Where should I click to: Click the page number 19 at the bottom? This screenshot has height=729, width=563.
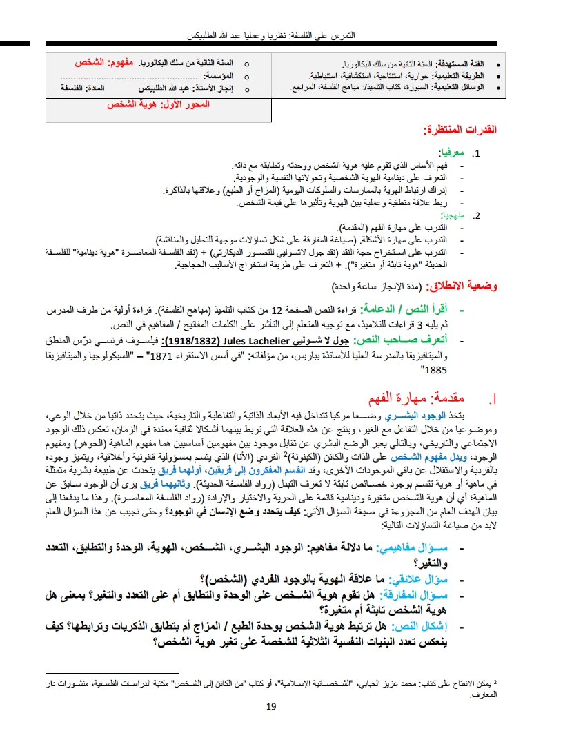(x=270, y=706)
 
